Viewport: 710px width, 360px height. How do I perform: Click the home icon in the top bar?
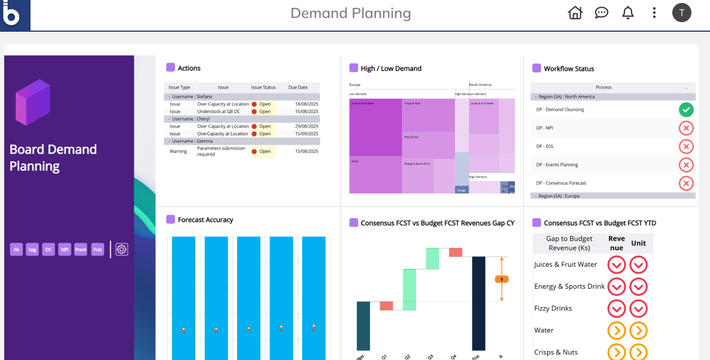[x=575, y=13]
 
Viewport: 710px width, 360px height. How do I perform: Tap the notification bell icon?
[x=627, y=13]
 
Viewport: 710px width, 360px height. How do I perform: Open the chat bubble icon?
[x=601, y=13]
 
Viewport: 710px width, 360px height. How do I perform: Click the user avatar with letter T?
[x=681, y=13]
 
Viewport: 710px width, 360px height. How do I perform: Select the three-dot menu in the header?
[x=654, y=13]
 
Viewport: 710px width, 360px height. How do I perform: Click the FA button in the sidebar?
[x=16, y=249]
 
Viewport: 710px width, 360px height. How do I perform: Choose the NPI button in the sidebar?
[x=65, y=249]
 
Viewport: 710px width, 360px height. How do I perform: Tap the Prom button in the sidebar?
[x=81, y=249]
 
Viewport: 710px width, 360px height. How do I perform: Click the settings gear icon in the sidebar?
[x=122, y=249]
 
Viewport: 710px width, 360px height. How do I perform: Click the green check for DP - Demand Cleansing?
[x=686, y=110]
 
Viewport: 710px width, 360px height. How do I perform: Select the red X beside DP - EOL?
[x=686, y=146]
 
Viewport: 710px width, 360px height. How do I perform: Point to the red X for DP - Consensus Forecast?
[x=686, y=183]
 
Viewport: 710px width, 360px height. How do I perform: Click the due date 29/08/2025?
[x=307, y=126]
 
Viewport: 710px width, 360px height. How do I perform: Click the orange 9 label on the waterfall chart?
[x=502, y=279]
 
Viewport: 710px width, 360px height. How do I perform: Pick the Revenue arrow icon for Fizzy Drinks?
[x=617, y=308]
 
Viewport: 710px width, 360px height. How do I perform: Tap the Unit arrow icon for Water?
[x=639, y=331]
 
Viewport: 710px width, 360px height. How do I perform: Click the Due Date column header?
[x=298, y=87]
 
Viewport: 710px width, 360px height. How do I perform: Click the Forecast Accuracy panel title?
[x=205, y=220]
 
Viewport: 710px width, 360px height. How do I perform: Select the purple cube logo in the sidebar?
[x=33, y=102]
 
